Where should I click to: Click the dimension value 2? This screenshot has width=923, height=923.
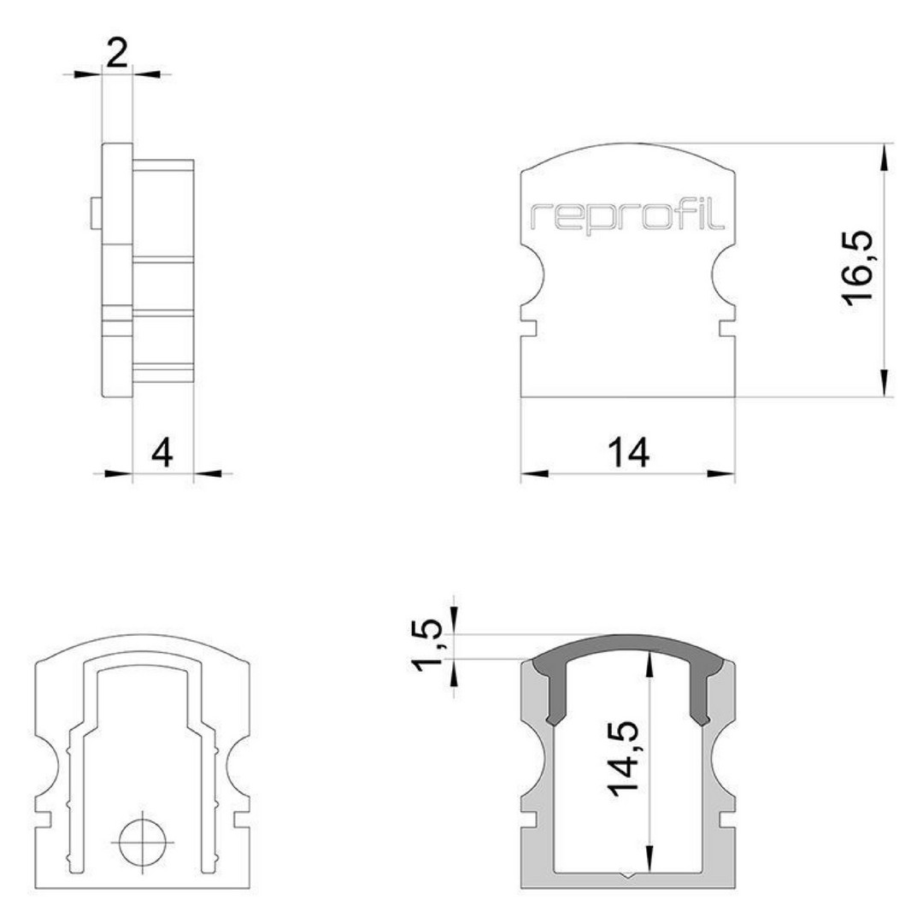pyautogui.click(x=117, y=54)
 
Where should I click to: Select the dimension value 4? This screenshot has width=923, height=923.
pyautogui.click(x=162, y=453)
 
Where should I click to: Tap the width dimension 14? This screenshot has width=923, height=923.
pyautogui.click(x=628, y=453)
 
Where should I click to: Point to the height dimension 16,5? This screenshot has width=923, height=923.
pyautogui.click(x=858, y=268)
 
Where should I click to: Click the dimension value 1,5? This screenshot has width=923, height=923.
pyautogui.click(x=426, y=645)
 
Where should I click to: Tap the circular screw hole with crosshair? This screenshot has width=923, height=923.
pyautogui.click(x=143, y=843)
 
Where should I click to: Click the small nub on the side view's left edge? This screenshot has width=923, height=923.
pyautogui.click(x=97, y=213)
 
